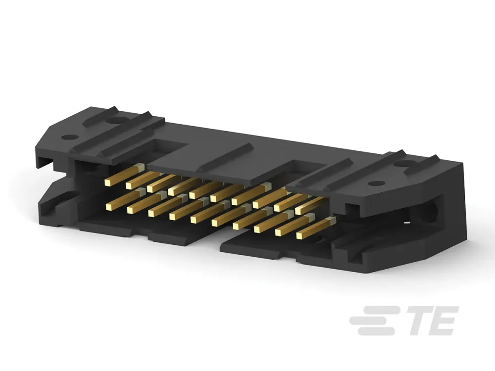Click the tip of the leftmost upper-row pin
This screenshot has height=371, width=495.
(108, 183)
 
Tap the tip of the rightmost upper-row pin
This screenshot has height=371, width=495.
(299, 210)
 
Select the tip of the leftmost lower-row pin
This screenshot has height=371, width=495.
(109, 207)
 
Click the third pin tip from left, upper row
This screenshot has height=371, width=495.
(150, 188)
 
